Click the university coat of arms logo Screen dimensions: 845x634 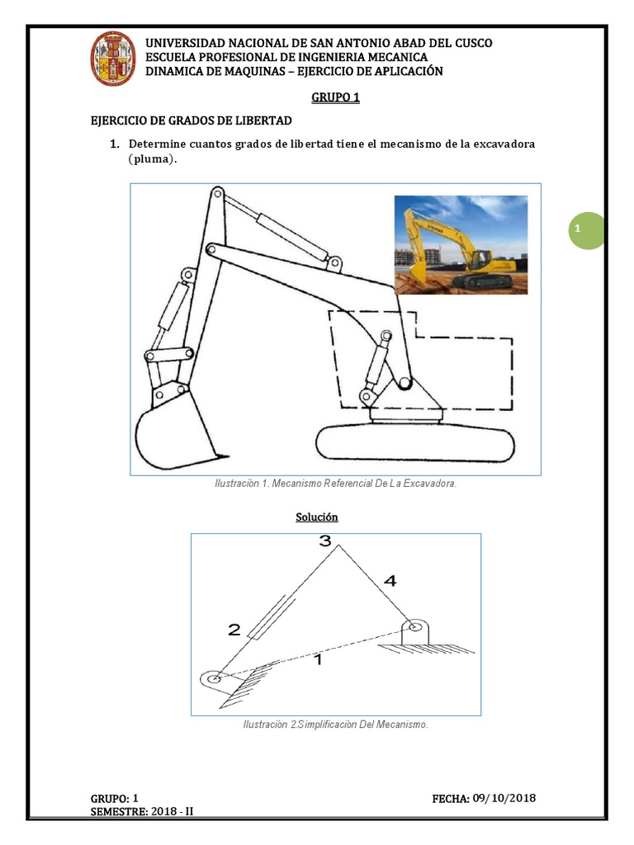pyautogui.click(x=113, y=58)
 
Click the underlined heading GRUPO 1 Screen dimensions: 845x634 pyautogui.click(x=335, y=98)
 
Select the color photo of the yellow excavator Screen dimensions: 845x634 pyautogui.click(x=461, y=244)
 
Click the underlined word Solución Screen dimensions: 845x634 pyautogui.click(x=317, y=517)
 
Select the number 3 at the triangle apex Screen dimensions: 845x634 pyautogui.click(x=325, y=542)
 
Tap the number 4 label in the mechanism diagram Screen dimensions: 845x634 pyautogui.click(x=390, y=582)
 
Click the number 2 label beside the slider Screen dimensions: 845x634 pyautogui.click(x=234, y=630)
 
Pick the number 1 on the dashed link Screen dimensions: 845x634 pyautogui.click(x=319, y=660)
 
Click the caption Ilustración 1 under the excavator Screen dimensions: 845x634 pyautogui.click(x=335, y=484)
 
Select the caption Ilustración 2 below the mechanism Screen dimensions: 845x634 pyautogui.click(x=335, y=725)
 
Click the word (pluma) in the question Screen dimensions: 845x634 pyautogui.click(x=153, y=160)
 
